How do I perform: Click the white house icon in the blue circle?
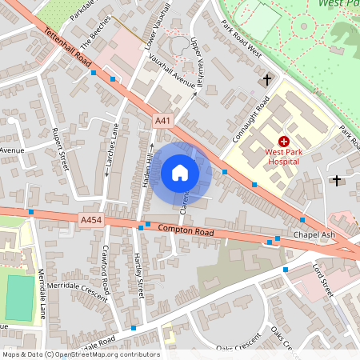[x=180, y=173]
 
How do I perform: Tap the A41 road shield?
[x=162, y=121]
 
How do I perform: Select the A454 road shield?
[x=90, y=218]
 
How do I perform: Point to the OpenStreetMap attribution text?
[x=81, y=354]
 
